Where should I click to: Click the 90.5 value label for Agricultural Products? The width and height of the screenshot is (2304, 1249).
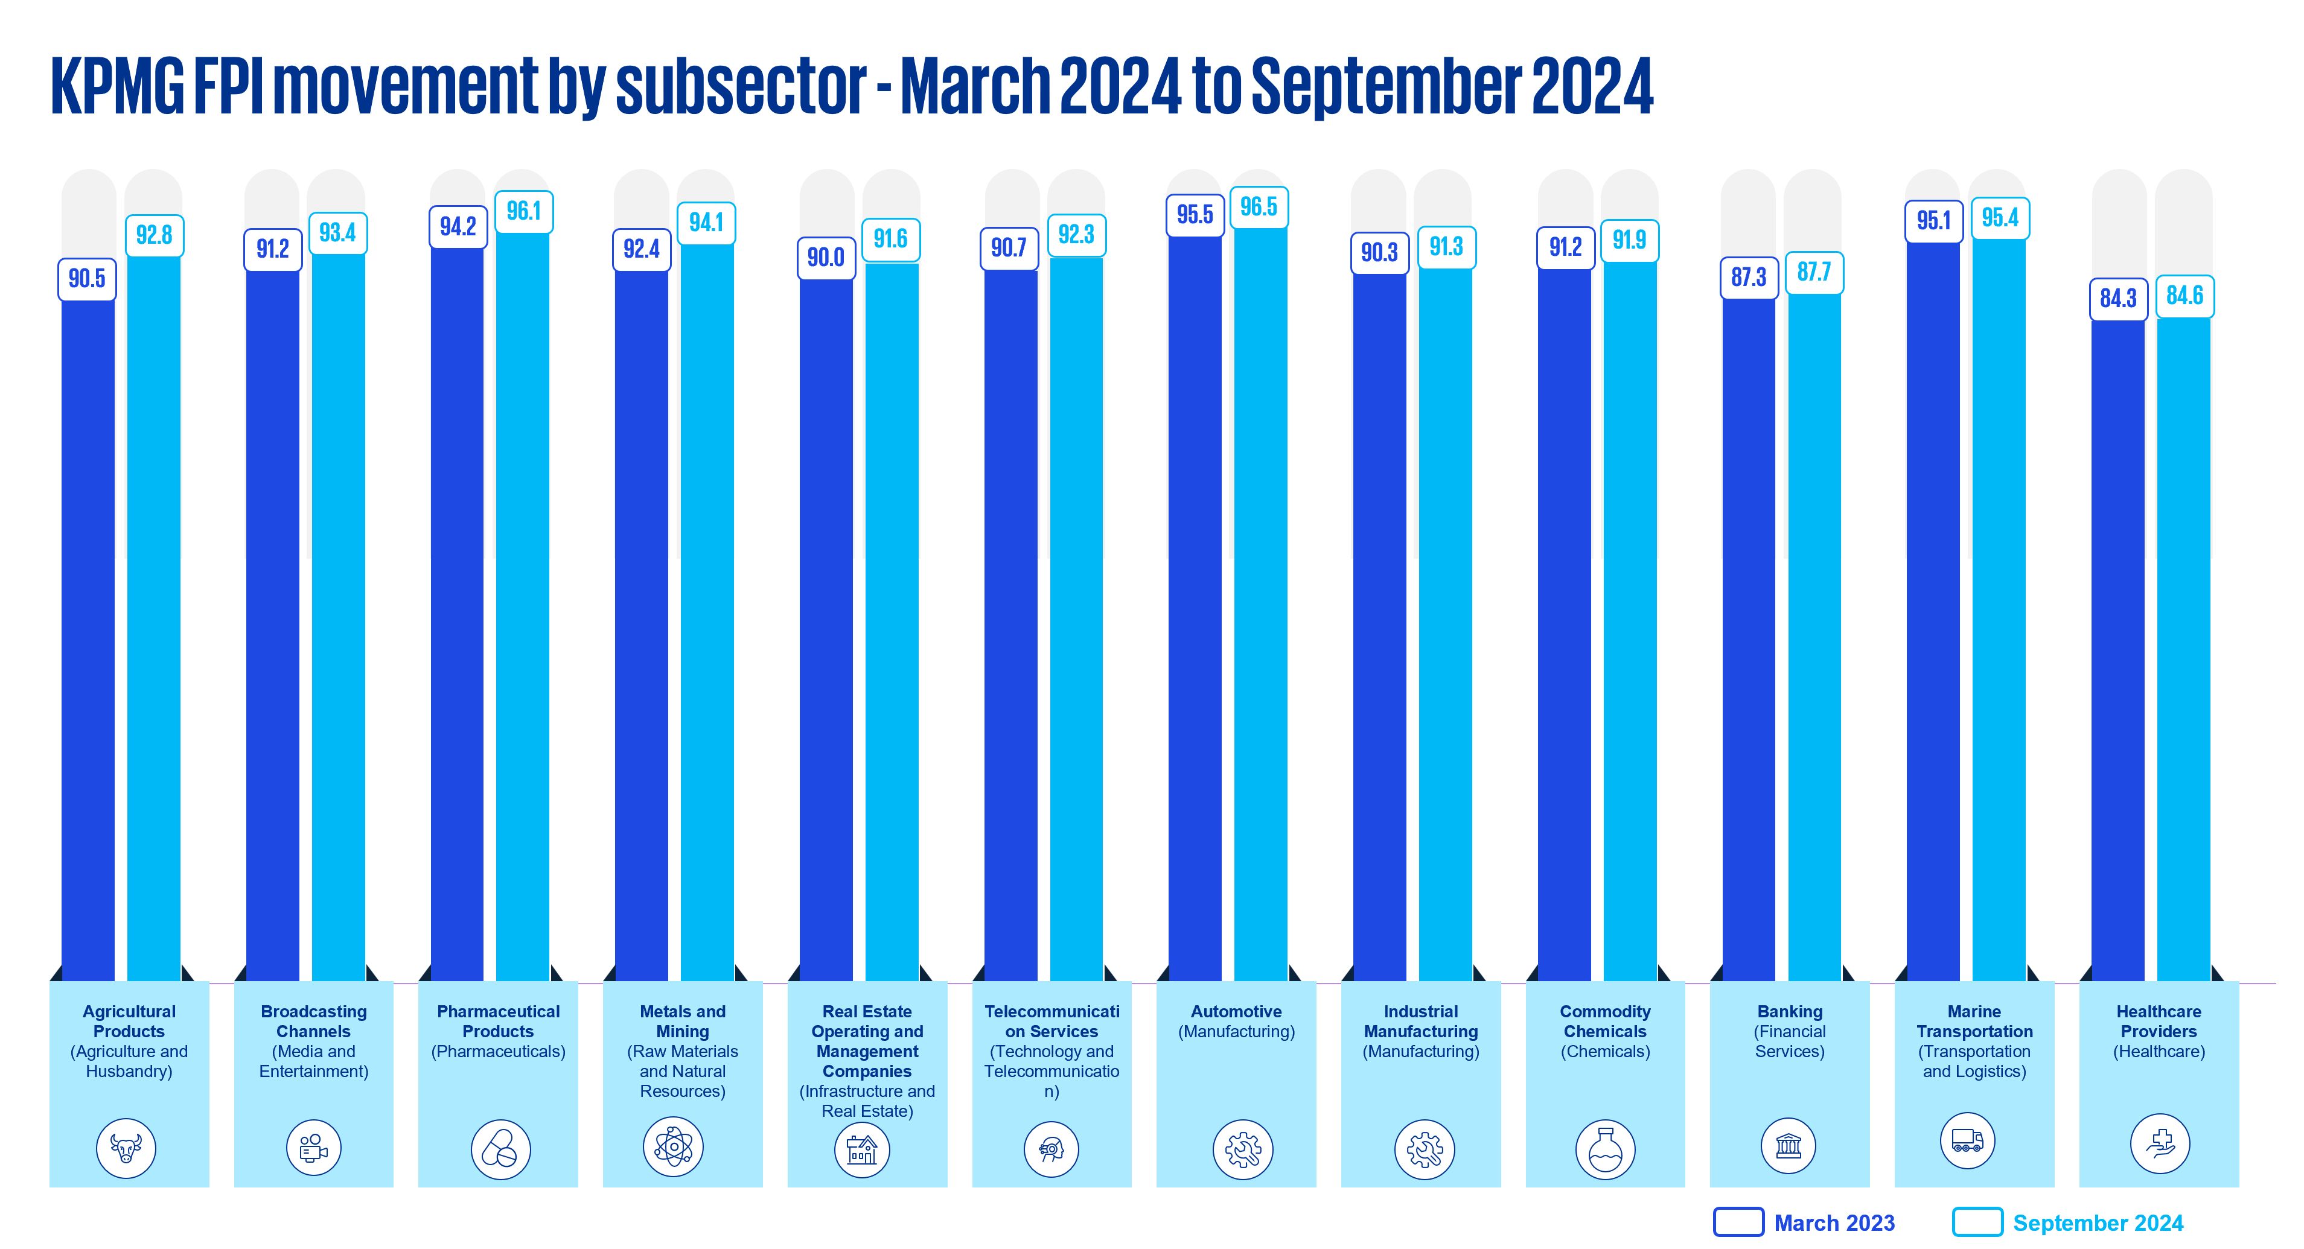pos(87,279)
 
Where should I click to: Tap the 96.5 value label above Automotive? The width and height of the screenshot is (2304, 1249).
pos(1259,208)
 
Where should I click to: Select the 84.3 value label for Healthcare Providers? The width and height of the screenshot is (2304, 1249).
pos(2118,297)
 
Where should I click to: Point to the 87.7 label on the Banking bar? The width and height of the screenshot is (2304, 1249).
pos(1814,272)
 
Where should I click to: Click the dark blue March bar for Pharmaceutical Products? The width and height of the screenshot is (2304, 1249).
pos(457,608)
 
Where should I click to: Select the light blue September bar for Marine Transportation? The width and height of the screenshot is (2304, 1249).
pos(1999,608)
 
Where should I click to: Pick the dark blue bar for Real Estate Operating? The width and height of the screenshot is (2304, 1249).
pos(826,626)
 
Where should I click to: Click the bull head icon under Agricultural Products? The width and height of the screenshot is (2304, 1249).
pos(126,1148)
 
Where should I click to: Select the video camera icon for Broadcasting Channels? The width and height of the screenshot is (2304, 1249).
pos(313,1148)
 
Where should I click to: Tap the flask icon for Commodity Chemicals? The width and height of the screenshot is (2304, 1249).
pos(1606,1150)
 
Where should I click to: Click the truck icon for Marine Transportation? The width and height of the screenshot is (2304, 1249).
pos(1967,1141)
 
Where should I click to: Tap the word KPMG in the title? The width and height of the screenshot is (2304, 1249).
pos(116,87)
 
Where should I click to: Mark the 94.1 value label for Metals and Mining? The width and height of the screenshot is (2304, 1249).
pos(706,223)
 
